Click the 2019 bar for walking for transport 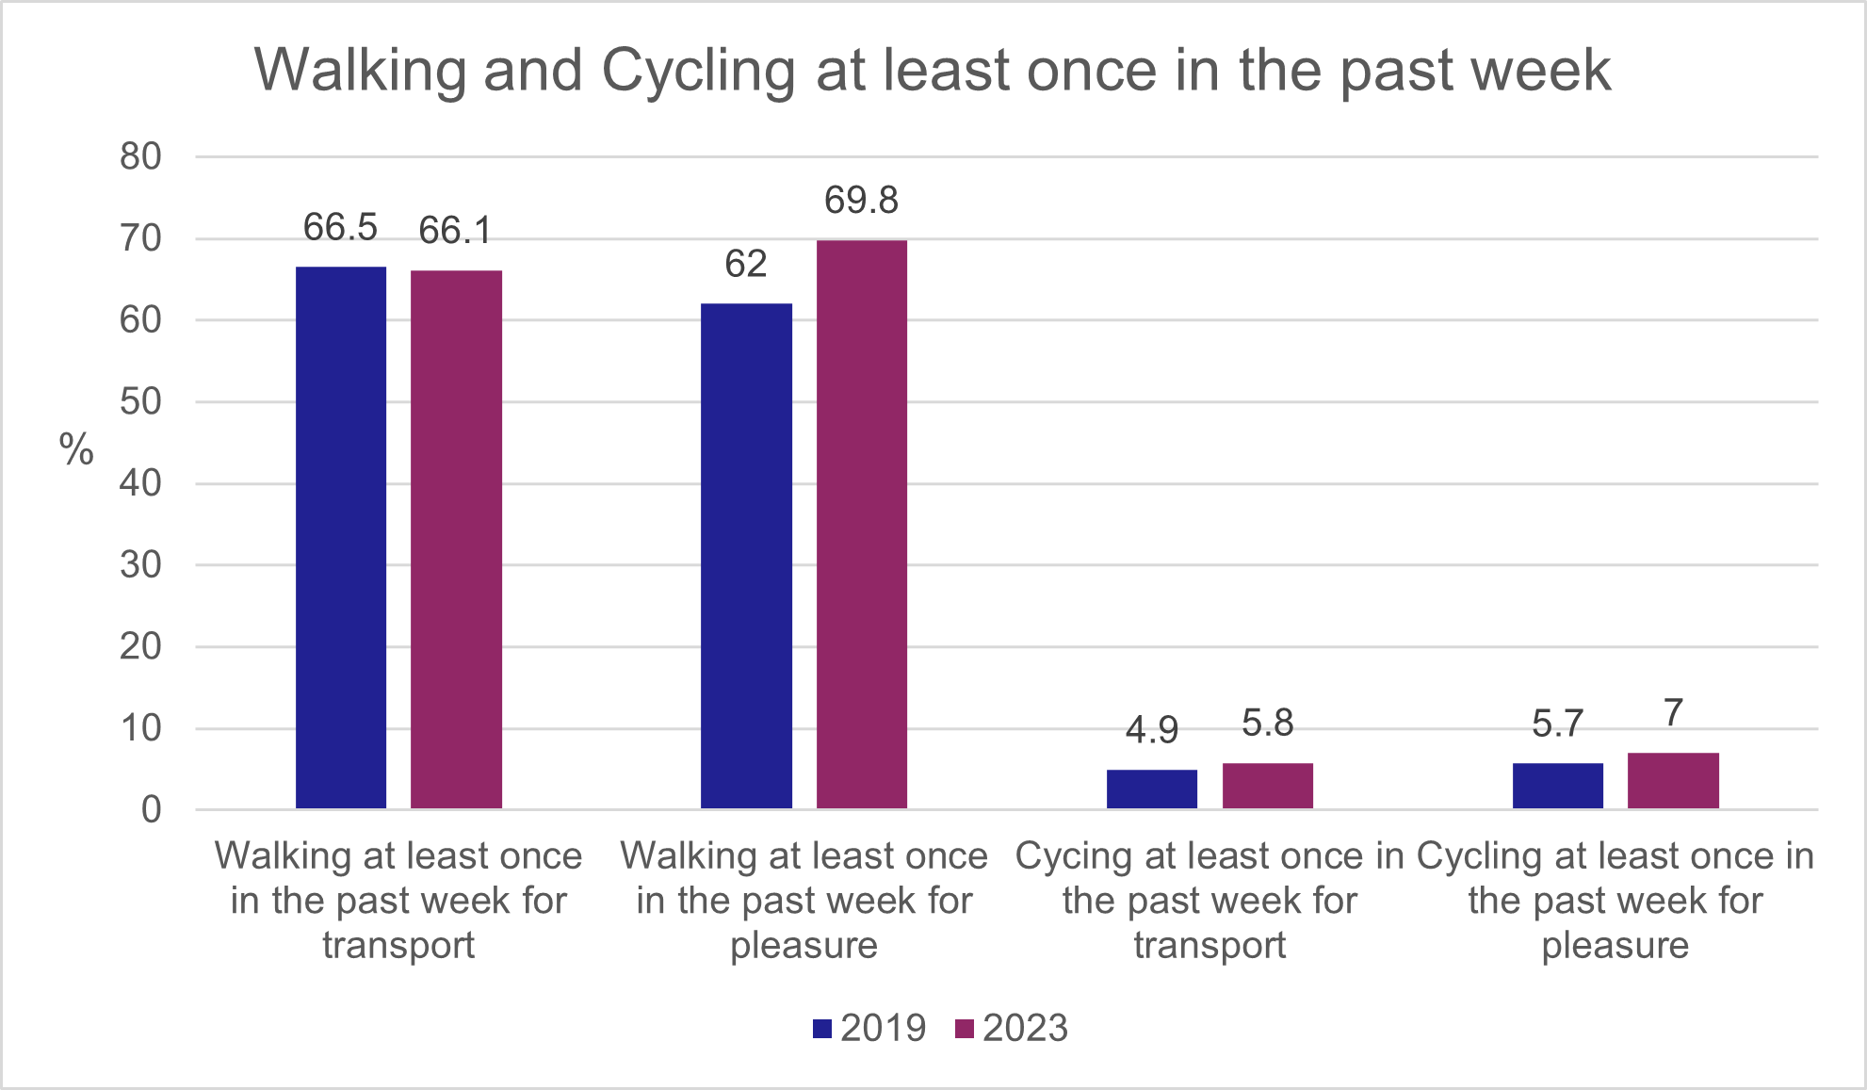tap(341, 537)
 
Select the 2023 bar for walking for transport tap(456, 539)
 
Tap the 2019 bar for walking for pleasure tap(746, 556)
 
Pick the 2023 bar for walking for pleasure tap(861, 524)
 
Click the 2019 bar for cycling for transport tap(1151, 789)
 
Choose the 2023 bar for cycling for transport tap(1267, 786)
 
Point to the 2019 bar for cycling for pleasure tap(1557, 786)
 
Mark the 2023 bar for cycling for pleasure tap(1673, 781)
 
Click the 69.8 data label tap(861, 200)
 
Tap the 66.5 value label tap(340, 227)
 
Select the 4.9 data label tap(1151, 730)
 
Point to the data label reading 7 tap(1673, 713)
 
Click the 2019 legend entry tap(870, 1028)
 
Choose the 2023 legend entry tap(1013, 1028)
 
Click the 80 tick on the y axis tap(140, 156)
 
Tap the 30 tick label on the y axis tap(140, 565)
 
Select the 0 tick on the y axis tap(151, 810)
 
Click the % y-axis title tap(76, 449)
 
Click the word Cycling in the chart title tap(698, 71)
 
